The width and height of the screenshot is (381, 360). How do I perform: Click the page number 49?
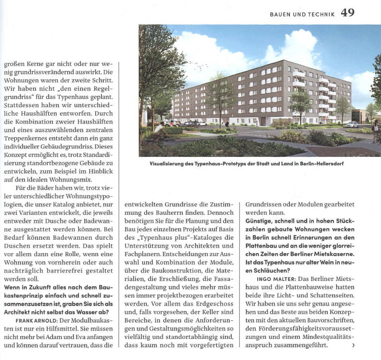point(347,13)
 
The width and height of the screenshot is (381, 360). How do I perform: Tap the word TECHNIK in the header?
point(321,14)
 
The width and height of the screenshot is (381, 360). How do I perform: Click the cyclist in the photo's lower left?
point(158,129)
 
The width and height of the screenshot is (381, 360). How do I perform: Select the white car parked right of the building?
point(351,125)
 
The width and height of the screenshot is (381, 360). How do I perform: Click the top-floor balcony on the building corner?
point(298,74)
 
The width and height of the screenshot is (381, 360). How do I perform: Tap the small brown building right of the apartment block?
point(360,116)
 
